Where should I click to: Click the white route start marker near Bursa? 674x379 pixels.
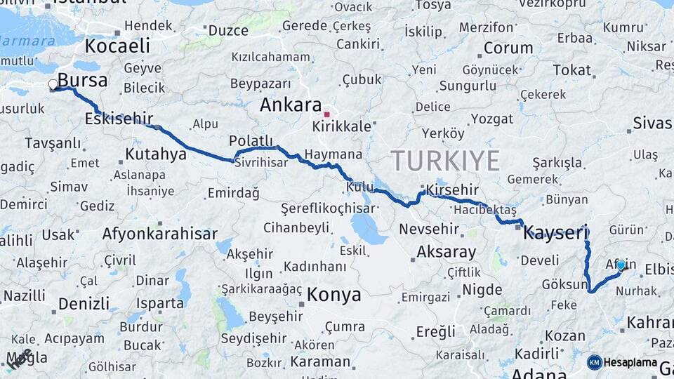click(53, 85)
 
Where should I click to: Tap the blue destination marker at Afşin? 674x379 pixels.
click(621, 265)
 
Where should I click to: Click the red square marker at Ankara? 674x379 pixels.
click(326, 114)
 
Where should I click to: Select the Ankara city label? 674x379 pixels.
click(291, 105)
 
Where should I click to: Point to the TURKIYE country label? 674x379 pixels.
click(445, 161)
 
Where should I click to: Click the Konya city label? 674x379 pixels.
click(334, 294)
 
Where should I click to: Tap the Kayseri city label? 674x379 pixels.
click(555, 233)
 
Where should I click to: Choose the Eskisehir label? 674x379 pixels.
click(119, 119)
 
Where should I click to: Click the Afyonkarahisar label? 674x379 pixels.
click(159, 234)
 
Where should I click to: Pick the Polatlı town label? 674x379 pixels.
click(246, 141)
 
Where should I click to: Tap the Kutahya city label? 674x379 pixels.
click(156, 153)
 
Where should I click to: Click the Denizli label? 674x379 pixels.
click(84, 304)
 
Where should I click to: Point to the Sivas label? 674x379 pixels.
click(652, 123)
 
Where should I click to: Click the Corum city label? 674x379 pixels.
click(508, 48)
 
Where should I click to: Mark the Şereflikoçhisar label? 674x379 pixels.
click(327, 208)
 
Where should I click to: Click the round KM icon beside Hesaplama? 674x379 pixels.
click(595, 362)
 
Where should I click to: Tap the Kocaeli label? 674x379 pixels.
click(117, 46)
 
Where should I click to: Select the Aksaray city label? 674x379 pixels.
click(447, 252)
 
